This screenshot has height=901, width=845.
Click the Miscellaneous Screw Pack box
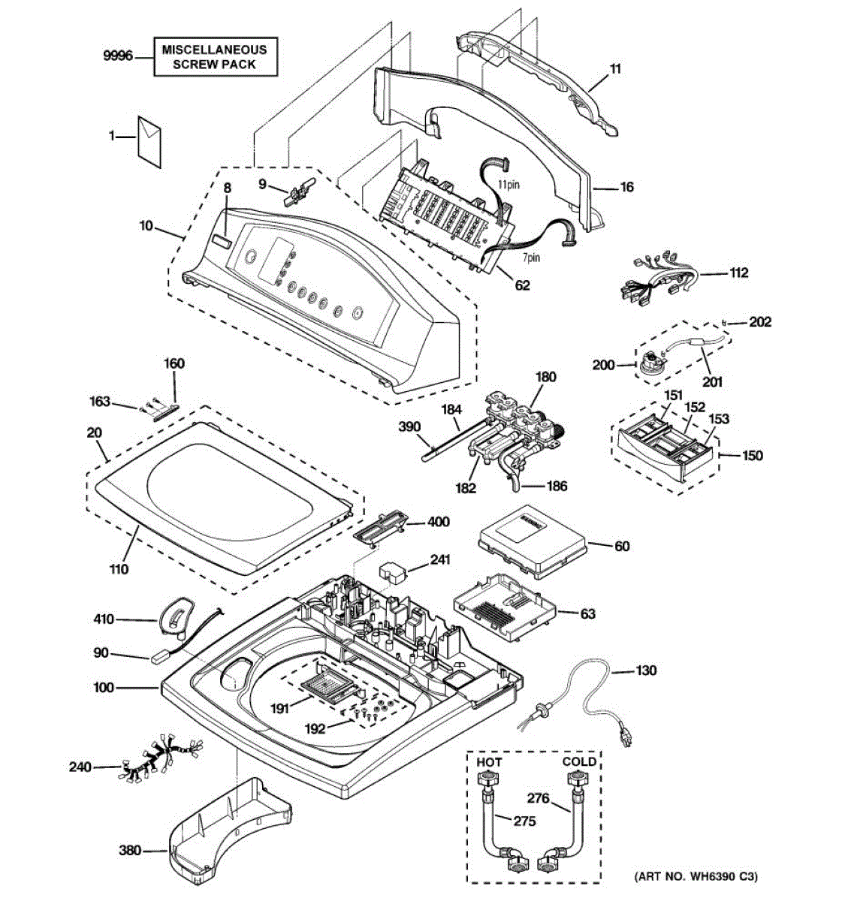point(215,57)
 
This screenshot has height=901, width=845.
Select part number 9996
point(118,56)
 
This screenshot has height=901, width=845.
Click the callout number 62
point(522,285)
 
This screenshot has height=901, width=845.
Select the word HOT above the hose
point(490,762)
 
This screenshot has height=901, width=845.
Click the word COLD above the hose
point(579,761)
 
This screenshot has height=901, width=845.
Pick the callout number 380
point(131,851)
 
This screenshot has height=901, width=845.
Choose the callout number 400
point(439,522)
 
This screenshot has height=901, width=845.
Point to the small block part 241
point(392,570)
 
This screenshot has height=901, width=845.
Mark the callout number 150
point(752,456)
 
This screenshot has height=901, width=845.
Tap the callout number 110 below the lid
point(119,569)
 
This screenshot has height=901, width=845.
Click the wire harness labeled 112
point(657,284)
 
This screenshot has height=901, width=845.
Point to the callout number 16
point(627,187)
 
